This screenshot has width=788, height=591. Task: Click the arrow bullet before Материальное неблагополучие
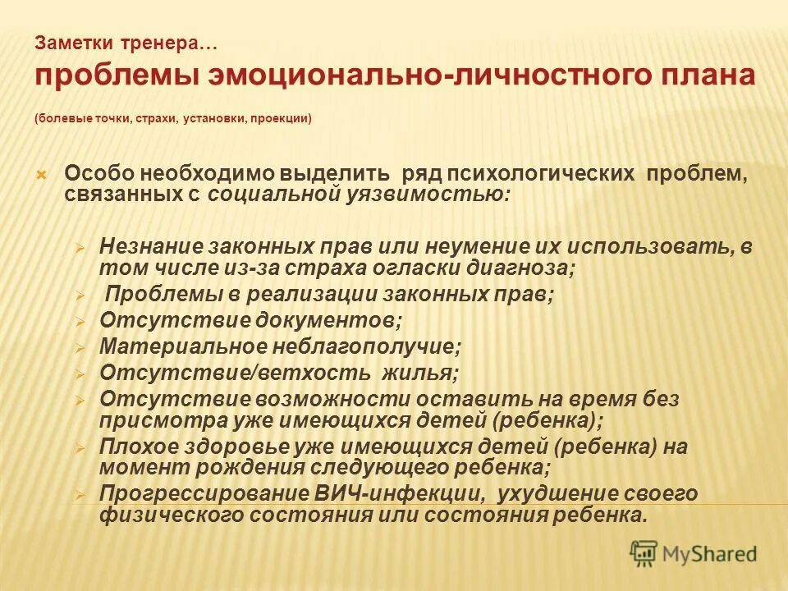(x=80, y=347)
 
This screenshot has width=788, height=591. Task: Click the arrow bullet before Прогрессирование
(x=80, y=495)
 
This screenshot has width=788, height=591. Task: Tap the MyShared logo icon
(x=644, y=554)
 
